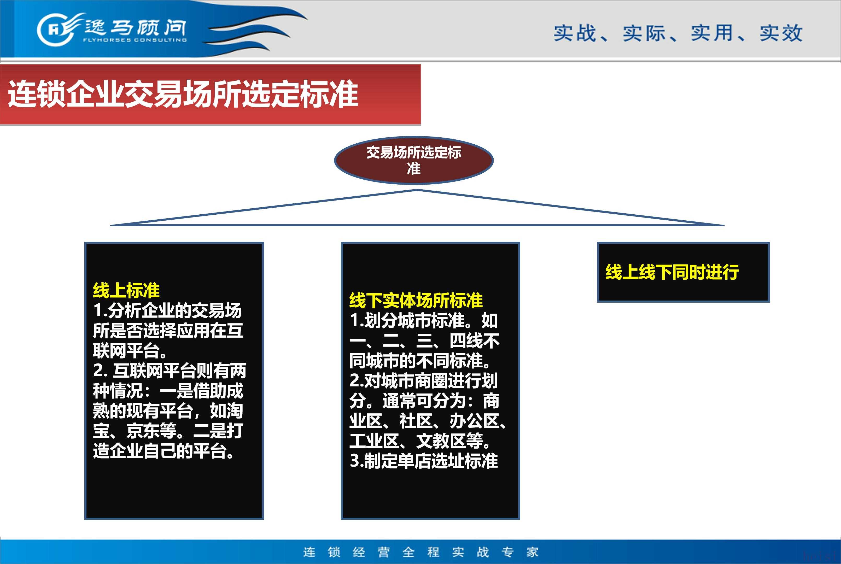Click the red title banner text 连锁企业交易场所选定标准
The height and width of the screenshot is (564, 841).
click(183, 94)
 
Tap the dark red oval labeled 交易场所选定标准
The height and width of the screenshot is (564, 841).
click(414, 160)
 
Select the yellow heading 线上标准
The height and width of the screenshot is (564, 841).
click(126, 290)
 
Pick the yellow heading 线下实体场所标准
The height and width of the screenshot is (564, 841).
click(416, 300)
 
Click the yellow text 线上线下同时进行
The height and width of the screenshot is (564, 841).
click(672, 272)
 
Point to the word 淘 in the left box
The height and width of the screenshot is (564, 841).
click(235, 411)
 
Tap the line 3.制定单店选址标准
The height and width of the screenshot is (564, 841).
click(424, 461)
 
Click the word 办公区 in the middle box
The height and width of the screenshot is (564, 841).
click(475, 421)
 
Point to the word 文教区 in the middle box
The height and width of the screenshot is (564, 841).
click(441, 441)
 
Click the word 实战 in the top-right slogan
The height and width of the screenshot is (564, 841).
click(575, 33)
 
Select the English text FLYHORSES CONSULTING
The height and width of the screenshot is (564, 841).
click(135, 40)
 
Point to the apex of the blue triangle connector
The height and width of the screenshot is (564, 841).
click(417, 190)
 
